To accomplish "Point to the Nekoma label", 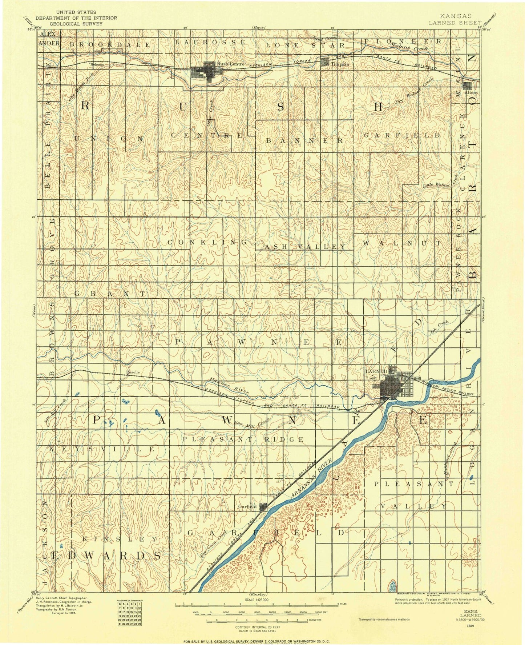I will tap(97, 64).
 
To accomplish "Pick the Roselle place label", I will tap(133, 372).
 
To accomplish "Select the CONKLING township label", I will tap(207, 242).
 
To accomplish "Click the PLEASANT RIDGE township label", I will tap(243, 439).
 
